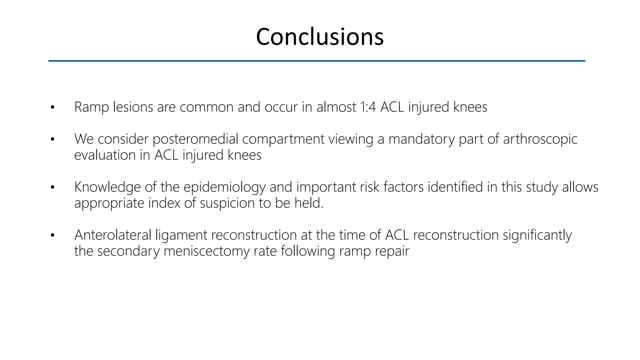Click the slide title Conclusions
[x=320, y=37]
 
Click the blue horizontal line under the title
[x=317, y=61]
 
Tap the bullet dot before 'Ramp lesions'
[x=52, y=107]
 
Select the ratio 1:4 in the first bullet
[x=368, y=107]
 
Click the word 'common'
[x=207, y=107]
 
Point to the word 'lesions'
[x=133, y=107]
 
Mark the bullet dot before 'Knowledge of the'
[x=52, y=187]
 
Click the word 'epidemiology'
[x=224, y=187]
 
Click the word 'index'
[x=164, y=203]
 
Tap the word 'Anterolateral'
[x=113, y=235]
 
